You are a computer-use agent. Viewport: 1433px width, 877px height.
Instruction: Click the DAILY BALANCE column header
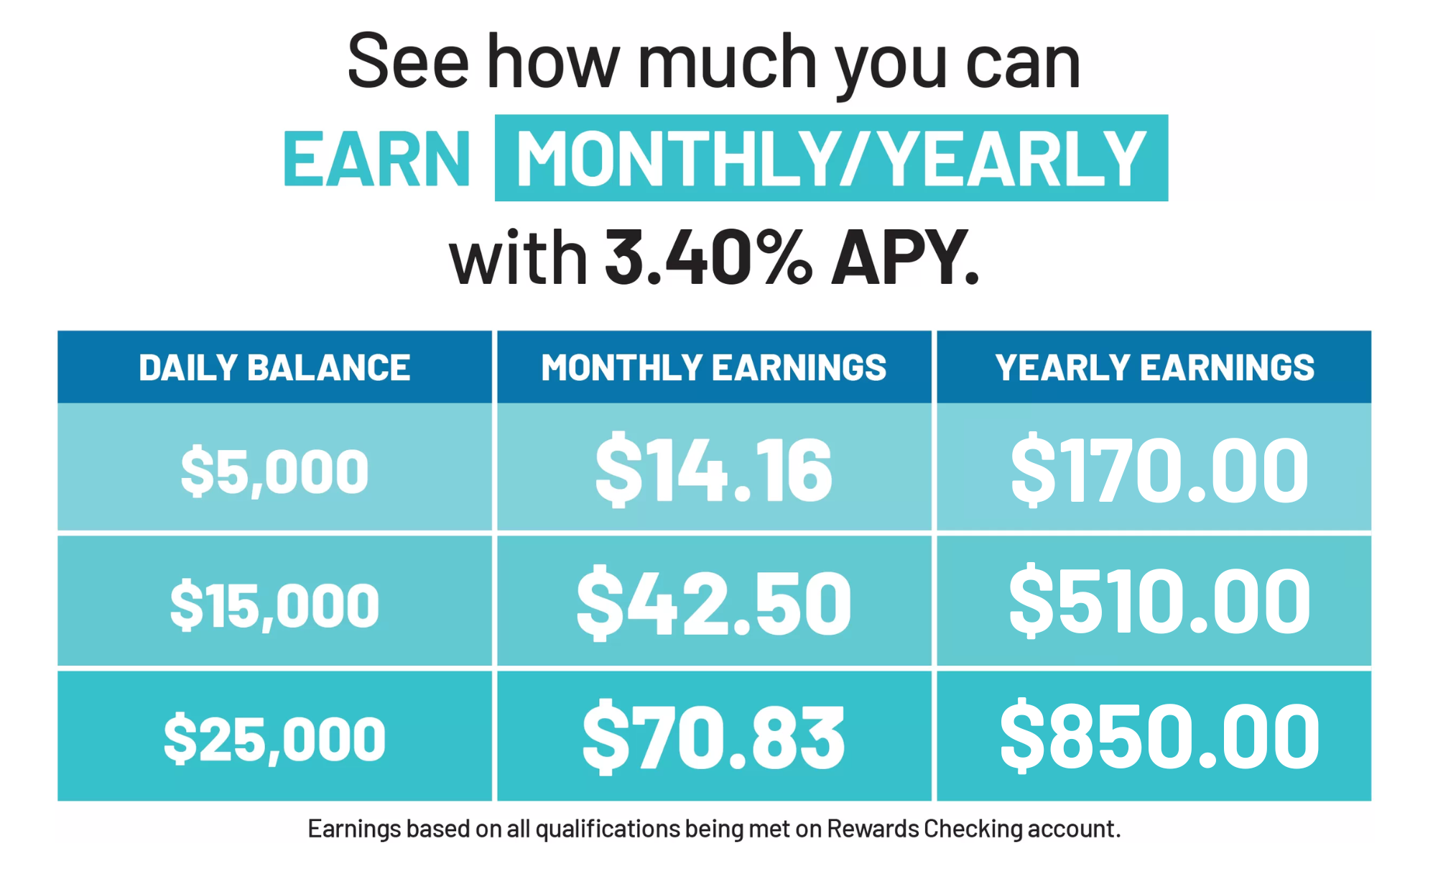coord(274,367)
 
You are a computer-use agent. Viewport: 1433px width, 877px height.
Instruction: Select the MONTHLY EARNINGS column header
coord(713,367)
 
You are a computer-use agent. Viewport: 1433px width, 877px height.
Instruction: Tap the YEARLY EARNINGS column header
coord(1154,367)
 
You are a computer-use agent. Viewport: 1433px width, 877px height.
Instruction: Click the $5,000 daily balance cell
coord(274,471)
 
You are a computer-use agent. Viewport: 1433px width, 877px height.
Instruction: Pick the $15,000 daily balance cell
coord(274,605)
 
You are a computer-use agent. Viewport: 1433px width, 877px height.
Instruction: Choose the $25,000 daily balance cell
coord(274,738)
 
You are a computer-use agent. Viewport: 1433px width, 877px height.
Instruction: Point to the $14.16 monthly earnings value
coord(713,469)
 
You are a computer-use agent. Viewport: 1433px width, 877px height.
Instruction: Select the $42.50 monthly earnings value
coord(713,602)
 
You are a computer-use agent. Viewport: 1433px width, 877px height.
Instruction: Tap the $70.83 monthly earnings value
coord(713,737)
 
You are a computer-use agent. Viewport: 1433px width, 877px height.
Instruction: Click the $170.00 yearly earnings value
coord(1159,469)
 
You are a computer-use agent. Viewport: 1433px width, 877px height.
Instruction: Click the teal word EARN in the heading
coord(376,160)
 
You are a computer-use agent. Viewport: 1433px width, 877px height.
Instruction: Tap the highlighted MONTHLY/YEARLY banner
coord(831,158)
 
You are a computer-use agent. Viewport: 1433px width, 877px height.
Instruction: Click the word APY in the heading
coord(904,257)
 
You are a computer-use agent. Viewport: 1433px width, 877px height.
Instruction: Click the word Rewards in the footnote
coord(873,829)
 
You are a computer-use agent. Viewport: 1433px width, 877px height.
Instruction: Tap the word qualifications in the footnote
coord(608,829)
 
